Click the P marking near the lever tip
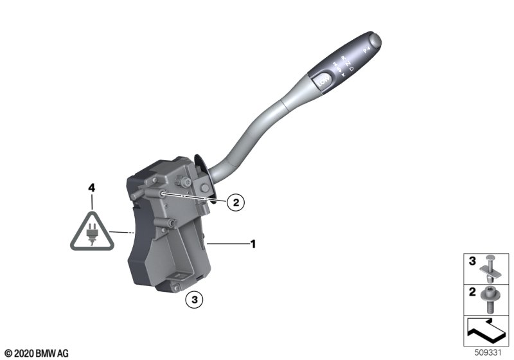tap(367, 49)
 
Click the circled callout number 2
tap(235, 203)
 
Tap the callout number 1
tap(253, 244)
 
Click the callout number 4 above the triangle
tap(91, 188)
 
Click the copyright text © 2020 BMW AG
tap(36, 353)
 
